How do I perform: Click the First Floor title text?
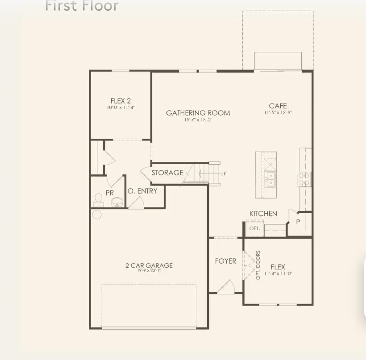82,6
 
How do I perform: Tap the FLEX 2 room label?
121,101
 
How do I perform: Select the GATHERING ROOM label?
198,113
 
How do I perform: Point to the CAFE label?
278,106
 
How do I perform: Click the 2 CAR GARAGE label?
149,265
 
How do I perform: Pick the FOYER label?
225,261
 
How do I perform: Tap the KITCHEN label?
263,214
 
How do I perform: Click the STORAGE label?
167,173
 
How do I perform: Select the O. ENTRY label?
142,191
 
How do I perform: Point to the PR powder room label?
110,193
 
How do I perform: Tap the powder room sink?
117,202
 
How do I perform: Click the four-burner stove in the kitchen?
304,179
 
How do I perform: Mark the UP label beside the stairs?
224,173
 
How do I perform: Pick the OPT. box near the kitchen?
254,228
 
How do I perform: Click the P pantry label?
297,221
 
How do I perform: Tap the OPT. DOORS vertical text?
258,265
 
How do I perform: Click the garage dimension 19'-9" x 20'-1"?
149,271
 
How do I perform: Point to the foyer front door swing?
226,286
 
